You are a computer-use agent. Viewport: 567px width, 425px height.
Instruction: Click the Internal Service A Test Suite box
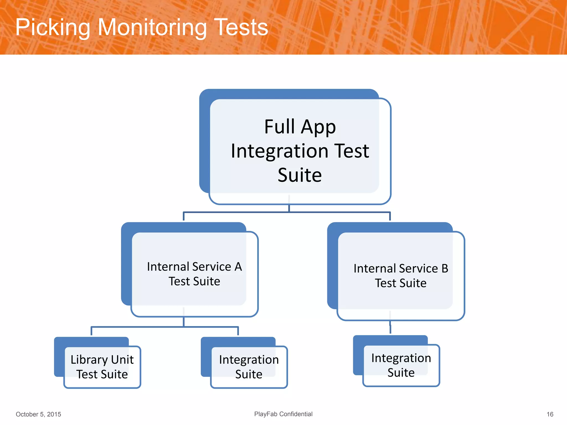(x=194, y=274)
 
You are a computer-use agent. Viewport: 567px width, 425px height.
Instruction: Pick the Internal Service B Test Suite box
(x=401, y=276)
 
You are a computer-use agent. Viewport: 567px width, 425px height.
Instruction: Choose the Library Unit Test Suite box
(x=102, y=367)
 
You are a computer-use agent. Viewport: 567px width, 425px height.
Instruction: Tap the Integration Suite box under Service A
(x=249, y=367)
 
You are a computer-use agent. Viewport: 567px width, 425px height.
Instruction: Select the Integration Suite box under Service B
(x=401, y=365)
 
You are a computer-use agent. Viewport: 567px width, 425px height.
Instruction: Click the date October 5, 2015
(x=38, y=414)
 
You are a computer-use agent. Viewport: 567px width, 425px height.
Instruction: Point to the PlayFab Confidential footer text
(x=283, y=414)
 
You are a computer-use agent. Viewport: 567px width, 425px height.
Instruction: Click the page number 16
(x=550, y=414)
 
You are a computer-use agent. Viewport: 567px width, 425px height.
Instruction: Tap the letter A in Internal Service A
(x=238, y=267)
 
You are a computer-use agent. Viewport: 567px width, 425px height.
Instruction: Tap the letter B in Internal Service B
(x=445, y=268)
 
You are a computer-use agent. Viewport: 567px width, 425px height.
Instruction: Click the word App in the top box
(x=318, y=127)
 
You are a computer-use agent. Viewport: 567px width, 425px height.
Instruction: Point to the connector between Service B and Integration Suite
(x=390, y=328)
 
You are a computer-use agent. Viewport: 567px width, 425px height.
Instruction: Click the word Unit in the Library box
(x=122, y=360)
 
